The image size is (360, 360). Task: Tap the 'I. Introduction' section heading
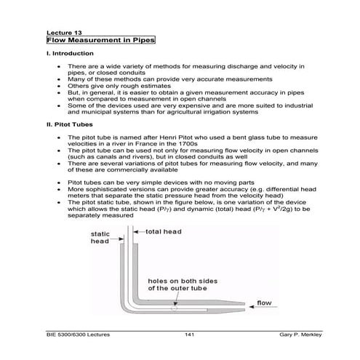tap(69, 55)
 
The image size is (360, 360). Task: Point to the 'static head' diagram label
tap(99, 239)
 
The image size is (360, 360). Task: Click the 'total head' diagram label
tap(164, 231)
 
